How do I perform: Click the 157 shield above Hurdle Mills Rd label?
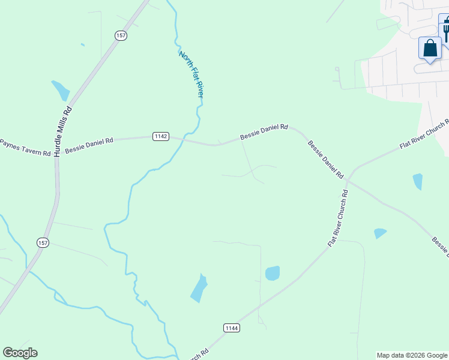pos(121,36)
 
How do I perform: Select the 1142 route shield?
pos(160,136)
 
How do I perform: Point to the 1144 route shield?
pos(232,328)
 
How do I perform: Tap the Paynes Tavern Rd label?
pos(25,148)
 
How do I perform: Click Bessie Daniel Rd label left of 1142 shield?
pos(89,145)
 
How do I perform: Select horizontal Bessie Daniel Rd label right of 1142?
pos(264,132)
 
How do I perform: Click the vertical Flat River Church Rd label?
pos(339,219)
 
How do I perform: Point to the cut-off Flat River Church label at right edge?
pos(424,136)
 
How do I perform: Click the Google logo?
pos(20,353)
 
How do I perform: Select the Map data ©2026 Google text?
pos(411,355)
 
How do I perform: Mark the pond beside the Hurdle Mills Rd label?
pos(61,90)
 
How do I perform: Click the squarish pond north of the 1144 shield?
pos(273,273)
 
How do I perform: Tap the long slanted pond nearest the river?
pos(199,289)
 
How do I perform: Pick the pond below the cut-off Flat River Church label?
pos(418,181)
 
